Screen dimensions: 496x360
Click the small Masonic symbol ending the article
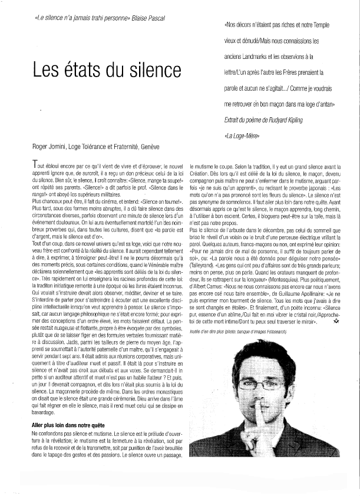pos(336,339)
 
